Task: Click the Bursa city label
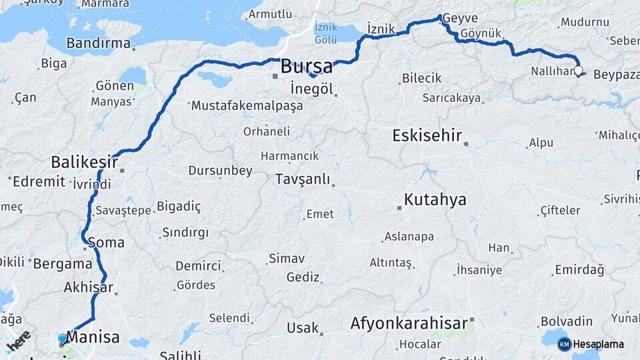306,67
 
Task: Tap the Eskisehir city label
427,136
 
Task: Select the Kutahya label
435,199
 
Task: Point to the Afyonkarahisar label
409,324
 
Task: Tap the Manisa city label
93,337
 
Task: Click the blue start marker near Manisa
63,339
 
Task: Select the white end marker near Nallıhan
578,70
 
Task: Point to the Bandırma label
99,43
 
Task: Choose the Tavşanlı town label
302,179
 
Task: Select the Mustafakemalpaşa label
247,106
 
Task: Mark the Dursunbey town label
220,171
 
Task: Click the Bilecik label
421,78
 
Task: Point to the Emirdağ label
579,270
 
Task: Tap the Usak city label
302,328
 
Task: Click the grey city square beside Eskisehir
467,143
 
